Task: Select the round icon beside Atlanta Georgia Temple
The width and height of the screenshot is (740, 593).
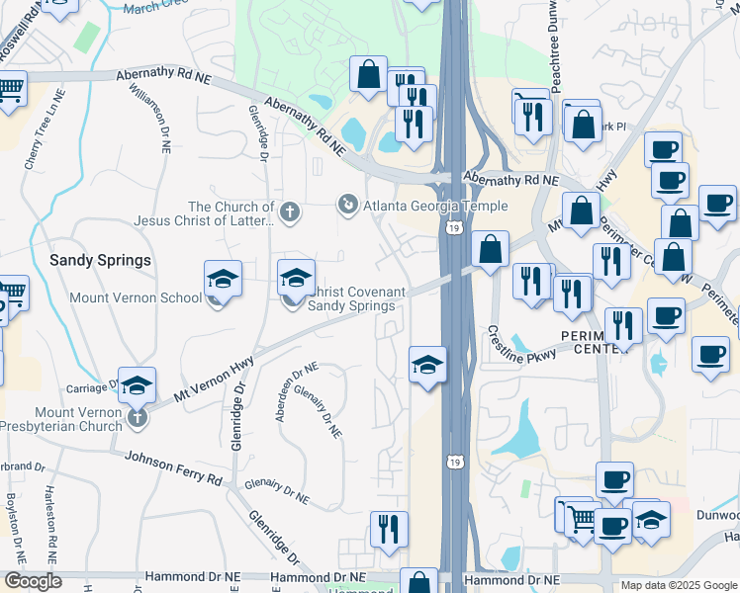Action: click(x=347, y=205)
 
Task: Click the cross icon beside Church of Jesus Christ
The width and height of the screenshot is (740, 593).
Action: click(x=290, y=211)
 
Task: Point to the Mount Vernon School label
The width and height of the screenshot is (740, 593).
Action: click(x=136, y=296)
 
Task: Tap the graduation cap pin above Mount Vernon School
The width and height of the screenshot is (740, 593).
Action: click(x=224, y=280)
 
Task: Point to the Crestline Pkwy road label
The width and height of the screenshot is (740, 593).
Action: click(x=522, y=347)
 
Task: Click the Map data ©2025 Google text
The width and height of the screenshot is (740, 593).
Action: click(x=678, y=585)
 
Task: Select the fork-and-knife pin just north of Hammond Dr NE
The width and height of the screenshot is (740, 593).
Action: click(x=389, y=529)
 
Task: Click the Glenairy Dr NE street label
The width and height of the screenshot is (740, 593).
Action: click(x=318, y=412)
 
